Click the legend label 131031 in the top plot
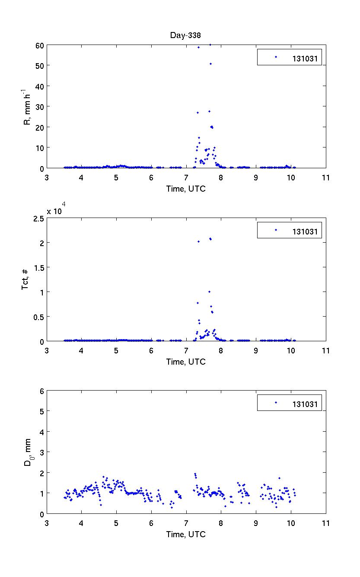click(x=307, y=60)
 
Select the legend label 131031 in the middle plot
click(x=307, y=232)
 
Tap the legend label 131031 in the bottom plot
click(x=307, y=404)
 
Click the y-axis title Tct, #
click(x=26, y=279)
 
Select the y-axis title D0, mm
click(x=27, y=452)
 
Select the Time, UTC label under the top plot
click(x=186, y=189)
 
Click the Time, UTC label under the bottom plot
click(x=186, y=534)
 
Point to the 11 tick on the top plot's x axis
click(x=326, y=177)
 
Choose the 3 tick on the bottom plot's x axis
click(x=47, y=523)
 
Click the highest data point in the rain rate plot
click(x=210, y=45)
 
